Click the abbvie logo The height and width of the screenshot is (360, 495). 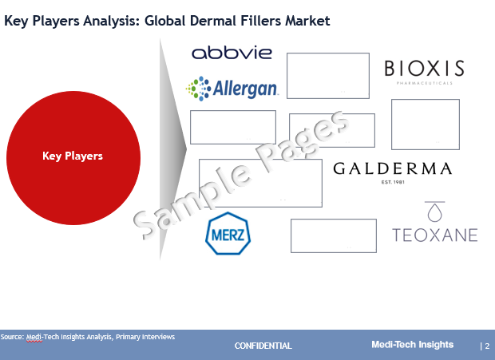[x=232, y=53]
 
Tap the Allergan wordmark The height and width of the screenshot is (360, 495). [x=245, y=89]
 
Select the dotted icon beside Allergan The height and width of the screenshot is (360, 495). [x=198, y=89]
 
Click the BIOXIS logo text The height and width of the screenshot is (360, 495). [x=424, y=69]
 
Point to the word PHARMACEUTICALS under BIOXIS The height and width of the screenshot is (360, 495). [x=424, y=83]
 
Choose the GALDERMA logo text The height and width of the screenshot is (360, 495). [x=392, y=168]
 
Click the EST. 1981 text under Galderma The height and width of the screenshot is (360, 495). [x=393, y=182]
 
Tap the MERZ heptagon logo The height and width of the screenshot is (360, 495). [x=228, y=233]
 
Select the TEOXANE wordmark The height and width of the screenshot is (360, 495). [x=434, y=235]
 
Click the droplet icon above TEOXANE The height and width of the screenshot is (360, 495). [x=434, y=212]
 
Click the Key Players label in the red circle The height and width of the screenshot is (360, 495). [x=73, y=156]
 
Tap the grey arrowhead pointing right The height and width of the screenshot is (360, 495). [x=173, y=149]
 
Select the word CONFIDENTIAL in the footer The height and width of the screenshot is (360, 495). [x=263, y=346]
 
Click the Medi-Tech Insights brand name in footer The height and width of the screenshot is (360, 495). [x=412, y=345]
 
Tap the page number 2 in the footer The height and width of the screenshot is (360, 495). [x=487, y=346]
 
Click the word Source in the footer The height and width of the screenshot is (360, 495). [x=12, y=337]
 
